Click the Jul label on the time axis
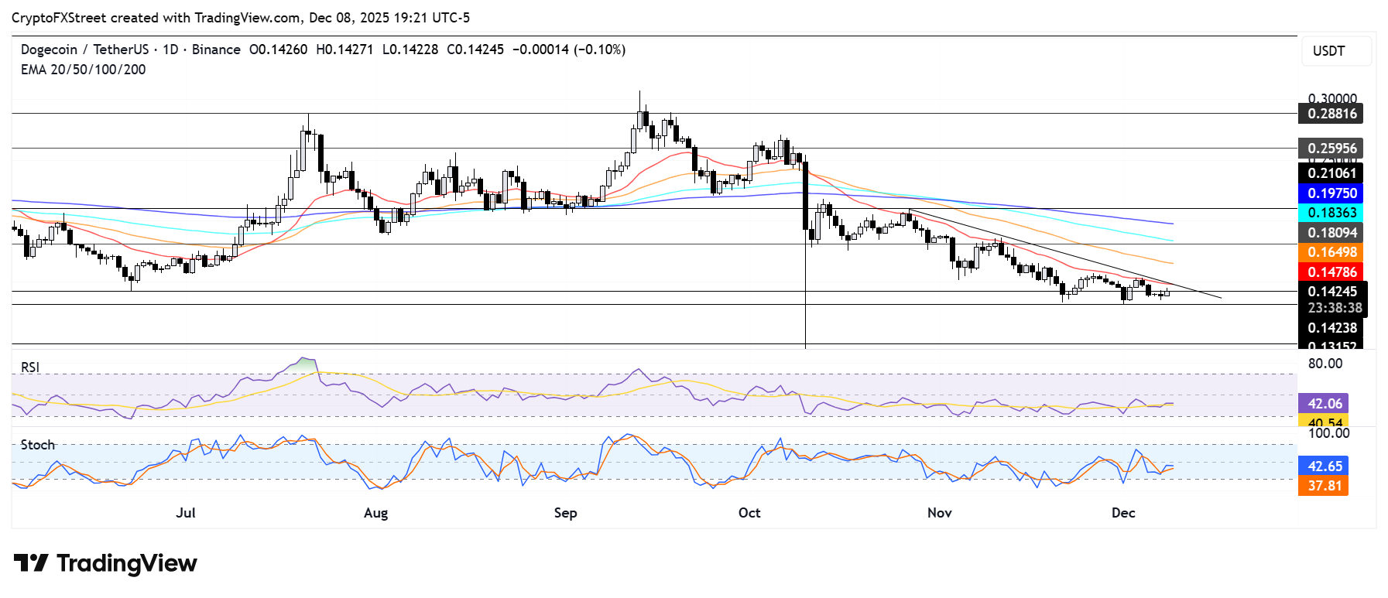pos(186,513)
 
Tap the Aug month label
pos(375,513)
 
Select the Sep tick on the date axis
pos(565,513)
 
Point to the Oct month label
pos(749,513)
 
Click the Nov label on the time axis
pos(939,513)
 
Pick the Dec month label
pos(1123,513)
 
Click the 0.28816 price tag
pos(1331,114)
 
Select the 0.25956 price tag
pos(1331,149)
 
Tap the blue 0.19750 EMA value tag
pos(1331,193)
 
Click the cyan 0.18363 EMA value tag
pos(1331,213)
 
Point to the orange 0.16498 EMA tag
pos(1331,252)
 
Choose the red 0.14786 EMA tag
pos(1331,272)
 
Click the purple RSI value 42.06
pos(1325,404)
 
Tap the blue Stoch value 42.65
pos(1325,466)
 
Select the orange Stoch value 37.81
pos(1325,486)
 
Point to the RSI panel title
pos(30,367)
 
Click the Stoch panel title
pos(38,445)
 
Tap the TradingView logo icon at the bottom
pos(31,563)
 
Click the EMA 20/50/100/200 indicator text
pos(83,70)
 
